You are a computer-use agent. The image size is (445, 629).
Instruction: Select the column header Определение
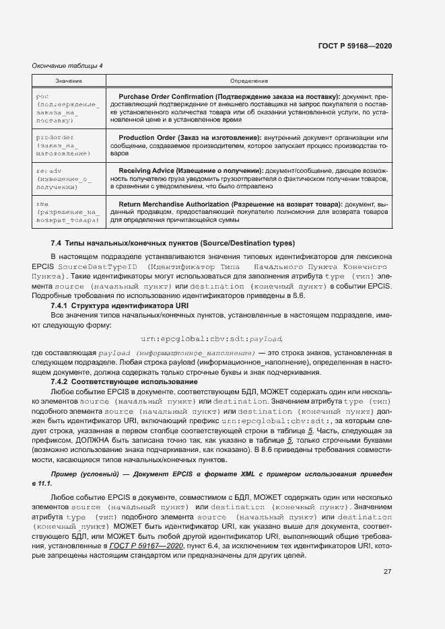point(248,81)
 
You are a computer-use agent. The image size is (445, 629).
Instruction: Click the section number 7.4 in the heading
point(56,242)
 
